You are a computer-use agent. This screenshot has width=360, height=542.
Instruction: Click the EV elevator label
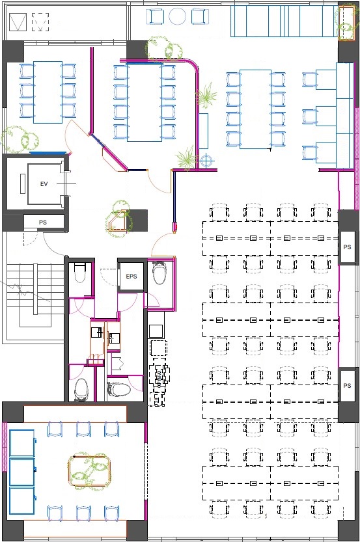[44, 184]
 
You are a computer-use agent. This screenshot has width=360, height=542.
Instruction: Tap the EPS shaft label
[132, 276]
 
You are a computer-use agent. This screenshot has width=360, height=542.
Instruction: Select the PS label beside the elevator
[43, 223]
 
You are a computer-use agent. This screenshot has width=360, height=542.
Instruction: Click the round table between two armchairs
[178, 16]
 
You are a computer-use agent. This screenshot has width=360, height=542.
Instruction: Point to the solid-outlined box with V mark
[18, 22]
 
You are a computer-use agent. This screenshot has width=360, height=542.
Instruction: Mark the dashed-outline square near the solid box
[40, 22]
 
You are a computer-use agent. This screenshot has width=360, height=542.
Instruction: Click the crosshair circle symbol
[206, 161]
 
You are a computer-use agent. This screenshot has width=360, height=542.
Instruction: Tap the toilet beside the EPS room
[159, 273]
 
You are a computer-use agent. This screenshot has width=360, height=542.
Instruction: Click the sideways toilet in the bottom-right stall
[119, 389]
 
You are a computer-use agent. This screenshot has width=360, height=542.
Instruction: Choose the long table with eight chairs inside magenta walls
[145, 102]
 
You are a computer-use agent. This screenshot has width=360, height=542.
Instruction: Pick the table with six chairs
[48, 92]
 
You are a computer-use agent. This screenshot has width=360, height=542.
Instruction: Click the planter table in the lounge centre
[90, 471]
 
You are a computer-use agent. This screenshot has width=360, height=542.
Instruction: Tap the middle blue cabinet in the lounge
[21, 472]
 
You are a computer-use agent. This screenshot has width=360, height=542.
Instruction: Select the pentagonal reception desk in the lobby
[117, 221]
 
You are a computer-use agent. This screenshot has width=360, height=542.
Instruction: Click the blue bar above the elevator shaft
[48, 152]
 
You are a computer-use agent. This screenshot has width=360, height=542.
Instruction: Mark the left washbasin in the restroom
[97, 332]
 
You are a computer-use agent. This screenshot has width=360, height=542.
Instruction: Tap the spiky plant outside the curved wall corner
[206, 95]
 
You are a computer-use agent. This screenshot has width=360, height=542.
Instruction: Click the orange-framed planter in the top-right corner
[346, 23]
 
